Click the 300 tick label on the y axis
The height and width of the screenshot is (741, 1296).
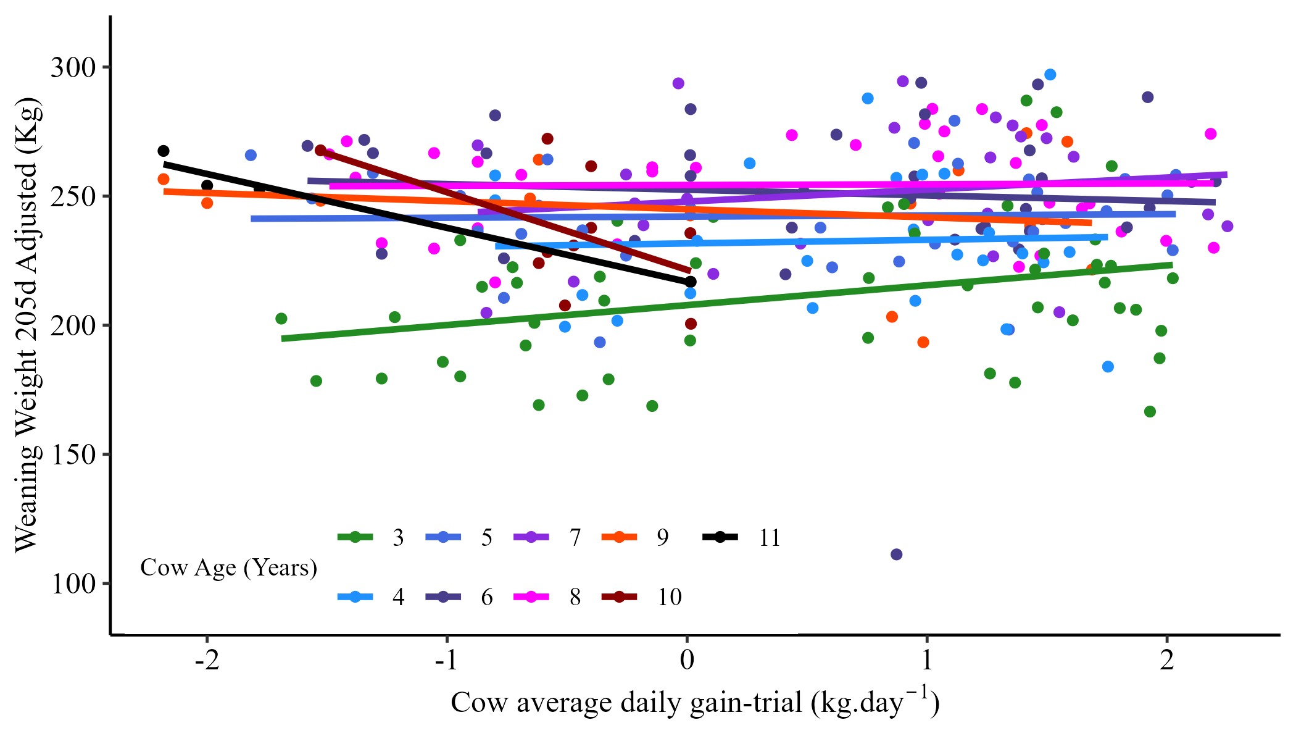pyautogui.click(x=73, y=67)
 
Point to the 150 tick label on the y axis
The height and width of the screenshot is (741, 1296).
pyautogui.click(x=73, y=454)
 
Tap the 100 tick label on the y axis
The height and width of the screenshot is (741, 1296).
pyautogui.click(x=73, y=584)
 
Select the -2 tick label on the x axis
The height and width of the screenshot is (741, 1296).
pyautogui.click(x=207, y=660)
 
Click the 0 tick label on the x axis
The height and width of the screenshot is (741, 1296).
pyautogui.click(x=687, y=660)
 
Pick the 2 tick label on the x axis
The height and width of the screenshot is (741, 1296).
pyautogui.click(x=1166, y=660)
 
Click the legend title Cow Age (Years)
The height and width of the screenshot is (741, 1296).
pyautogui.click(x=228, y=567)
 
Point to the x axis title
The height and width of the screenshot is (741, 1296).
pyautogui.click(x=695, y=703)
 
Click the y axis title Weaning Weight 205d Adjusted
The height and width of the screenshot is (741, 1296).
pyautogui.click(x=27, y=325)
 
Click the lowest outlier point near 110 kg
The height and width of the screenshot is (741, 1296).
pyautogui.click(x=897, y=555)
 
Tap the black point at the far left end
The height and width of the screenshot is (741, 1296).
pyautogui.click(x=164, y=151)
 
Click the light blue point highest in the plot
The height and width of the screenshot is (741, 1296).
pyautogui.click(x=1050, y=75)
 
